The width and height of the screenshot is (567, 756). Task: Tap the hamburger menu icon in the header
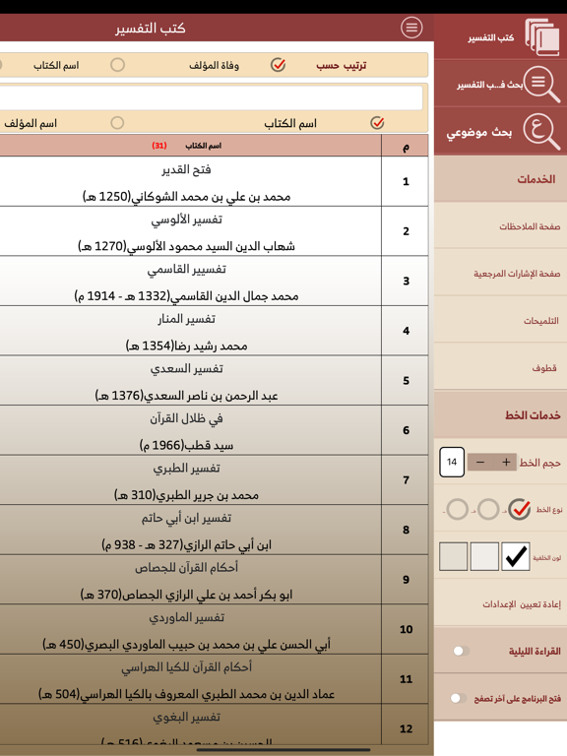[411, 28]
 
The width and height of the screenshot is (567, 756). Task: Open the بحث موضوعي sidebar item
[500, 132]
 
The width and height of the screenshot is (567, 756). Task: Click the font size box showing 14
[452, 462]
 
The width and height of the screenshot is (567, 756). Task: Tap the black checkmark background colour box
[515, 556]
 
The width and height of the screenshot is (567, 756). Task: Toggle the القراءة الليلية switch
[460, 651]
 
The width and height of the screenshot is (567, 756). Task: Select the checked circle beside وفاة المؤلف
[279, 65]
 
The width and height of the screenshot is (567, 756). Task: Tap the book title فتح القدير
[187, 169]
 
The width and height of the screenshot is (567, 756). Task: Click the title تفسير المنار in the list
[187, 319]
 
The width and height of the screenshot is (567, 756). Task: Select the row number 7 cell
[406, 480]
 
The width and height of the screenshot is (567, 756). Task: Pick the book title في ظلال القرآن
[187, 418]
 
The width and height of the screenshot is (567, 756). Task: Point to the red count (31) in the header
[159, 146]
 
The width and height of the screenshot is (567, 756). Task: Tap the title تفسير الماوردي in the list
[187, 617]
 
